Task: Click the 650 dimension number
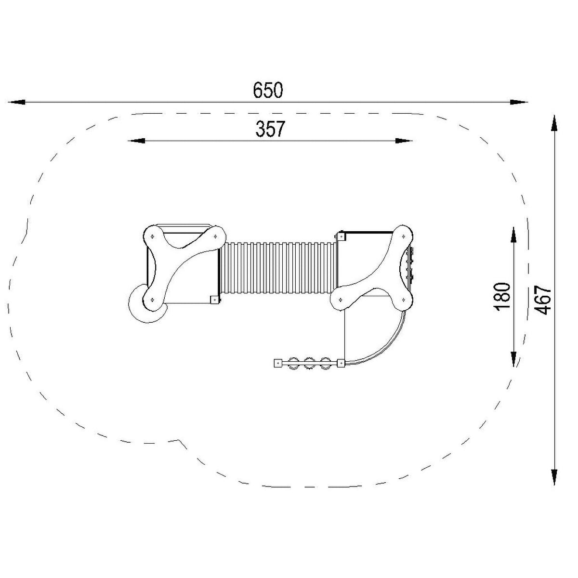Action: [x=268, y=90]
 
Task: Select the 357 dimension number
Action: [x=270, y=129]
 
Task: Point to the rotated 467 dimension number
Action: [x=543, y=300]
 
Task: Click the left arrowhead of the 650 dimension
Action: [x=16, y=102]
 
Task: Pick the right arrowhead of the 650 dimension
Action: [x=519, y=102]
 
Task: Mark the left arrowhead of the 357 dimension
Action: [x=136, y=141]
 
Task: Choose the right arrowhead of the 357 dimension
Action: [x=404, y=141]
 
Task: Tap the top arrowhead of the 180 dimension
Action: [x=513, y=235]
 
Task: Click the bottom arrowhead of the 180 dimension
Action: [x=513, y=358]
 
